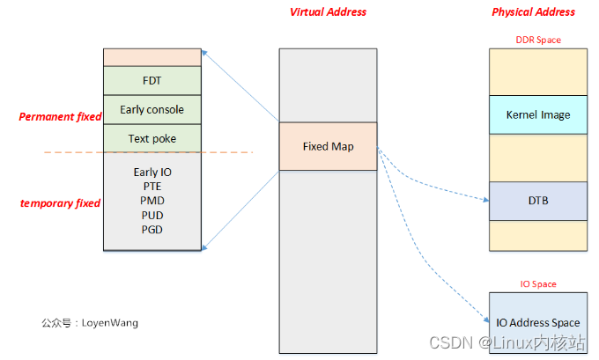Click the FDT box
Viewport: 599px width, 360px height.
coord(152,80)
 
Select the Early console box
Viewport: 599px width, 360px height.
coord(152,110)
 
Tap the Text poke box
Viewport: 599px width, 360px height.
coord(152,138)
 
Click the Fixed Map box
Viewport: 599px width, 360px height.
coord(328,146)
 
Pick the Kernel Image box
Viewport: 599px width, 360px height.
coord(537,114)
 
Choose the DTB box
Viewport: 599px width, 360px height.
coord(537,201)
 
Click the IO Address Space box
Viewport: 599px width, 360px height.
coord(537,323)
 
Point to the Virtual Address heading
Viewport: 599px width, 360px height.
coord(328,12)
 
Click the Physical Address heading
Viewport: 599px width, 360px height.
coord(533,12)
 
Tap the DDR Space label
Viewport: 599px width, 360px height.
coord(537,40)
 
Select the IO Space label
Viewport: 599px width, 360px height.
coord(537,283)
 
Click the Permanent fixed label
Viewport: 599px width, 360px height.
coord(60,116)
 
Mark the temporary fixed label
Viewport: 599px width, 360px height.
coord(60,203)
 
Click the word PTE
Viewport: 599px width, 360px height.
coord(152,187)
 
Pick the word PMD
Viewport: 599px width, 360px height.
coord(152,201)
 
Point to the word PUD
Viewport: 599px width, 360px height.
coord(152,215)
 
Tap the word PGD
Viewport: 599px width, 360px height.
coord(152,229)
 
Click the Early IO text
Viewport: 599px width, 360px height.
coord(152,173)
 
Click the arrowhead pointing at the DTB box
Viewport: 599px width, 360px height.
coord(485,201)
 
